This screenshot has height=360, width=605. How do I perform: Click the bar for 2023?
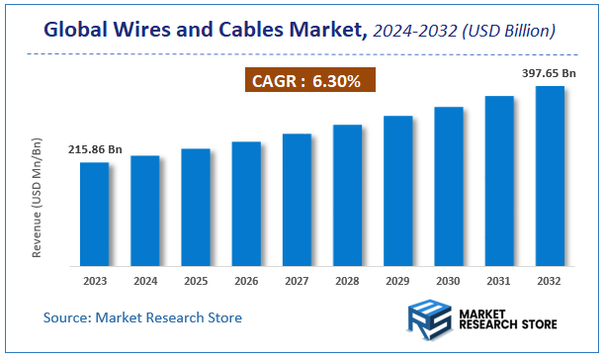(x=95, y=214)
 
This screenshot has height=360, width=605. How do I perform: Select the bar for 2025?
(x=196, y=208)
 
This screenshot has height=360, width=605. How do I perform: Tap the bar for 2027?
(x=298, y=200)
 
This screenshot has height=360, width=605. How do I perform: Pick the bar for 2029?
(x=398, y=191)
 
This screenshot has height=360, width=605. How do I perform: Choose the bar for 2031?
(x=499, y=181)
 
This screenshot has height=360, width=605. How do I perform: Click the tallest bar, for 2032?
(x=550, y=176)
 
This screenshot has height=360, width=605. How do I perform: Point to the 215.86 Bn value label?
(x=95, y=149)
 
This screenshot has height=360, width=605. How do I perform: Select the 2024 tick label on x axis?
(x=145, y=281)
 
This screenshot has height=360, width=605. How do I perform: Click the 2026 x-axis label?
(x=246, y=281)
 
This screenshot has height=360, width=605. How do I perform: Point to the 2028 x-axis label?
(x=348, y=281)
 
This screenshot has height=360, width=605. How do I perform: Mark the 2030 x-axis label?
(x=449, y=281)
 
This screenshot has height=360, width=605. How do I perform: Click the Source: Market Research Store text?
(x=142, y=317)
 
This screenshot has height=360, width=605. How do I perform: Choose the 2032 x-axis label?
(x=550, y=281)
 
